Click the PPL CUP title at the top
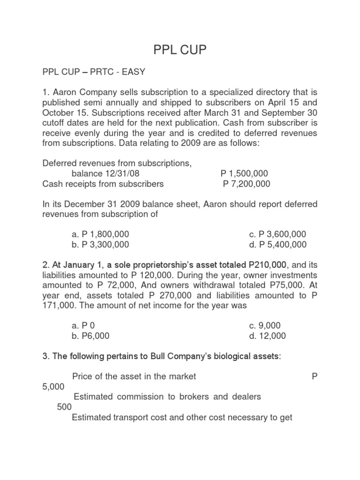[x=180, y=50]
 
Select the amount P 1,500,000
[x=245, y=173]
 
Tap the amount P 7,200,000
[x=247, y=184]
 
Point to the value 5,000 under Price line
[x=54, y=386]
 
